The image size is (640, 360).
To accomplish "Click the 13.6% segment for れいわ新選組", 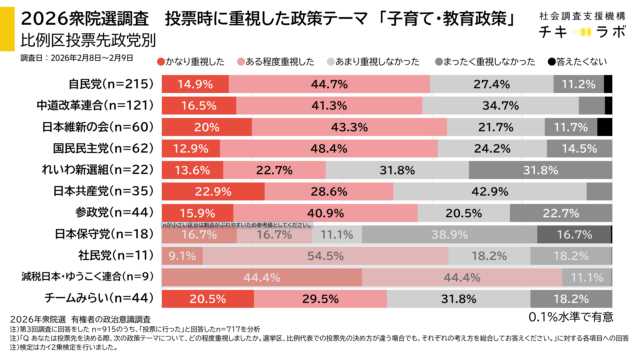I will pyautogui.click(x=192, y=170).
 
